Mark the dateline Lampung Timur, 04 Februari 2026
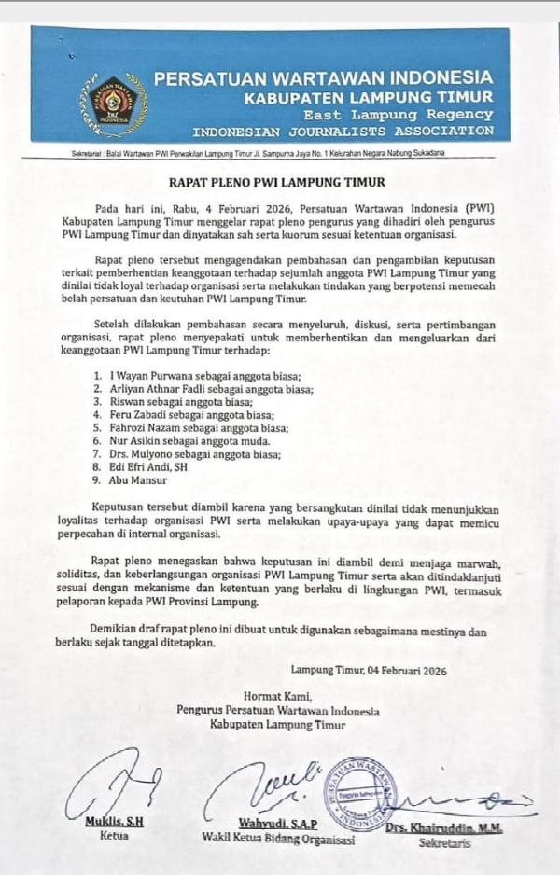click(x=369, y=670)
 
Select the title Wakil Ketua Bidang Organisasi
click(x=278, y=838)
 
